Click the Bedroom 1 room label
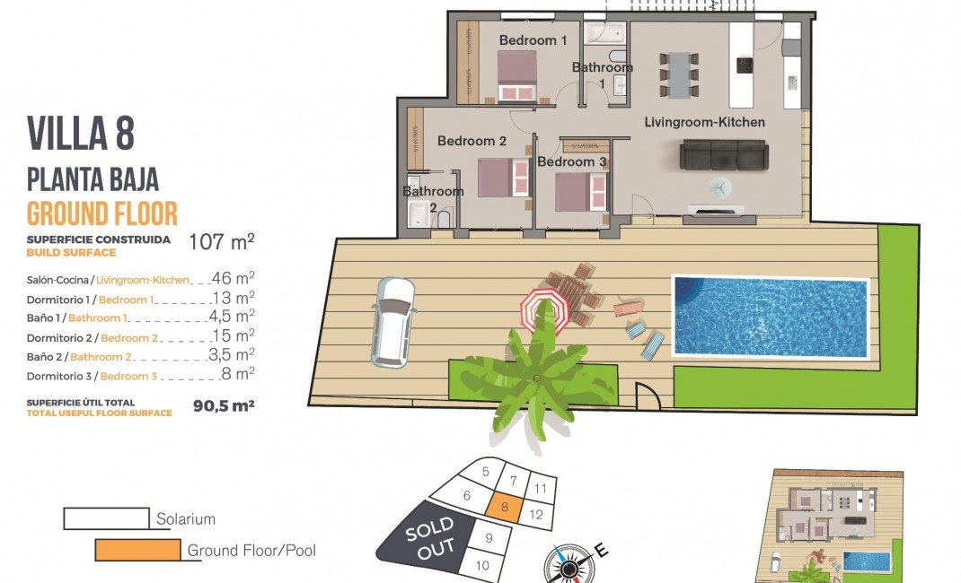tap(533, 40)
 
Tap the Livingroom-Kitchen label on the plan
tap(704, 122)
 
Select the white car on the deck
tap(392, 322)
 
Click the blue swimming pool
tap(771, 317)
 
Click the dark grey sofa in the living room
tap(723, 155)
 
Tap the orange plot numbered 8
tap(505, 507)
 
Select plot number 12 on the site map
tap(535, 515)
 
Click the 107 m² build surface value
tap(221, 241)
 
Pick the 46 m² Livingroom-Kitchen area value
tap(233, 278)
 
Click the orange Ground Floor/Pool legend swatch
tap(138, 549)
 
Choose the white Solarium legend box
tap(107, 518)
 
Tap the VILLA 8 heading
tap(80, 134)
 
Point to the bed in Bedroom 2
tap(503, 178)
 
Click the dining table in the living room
tap(679, 74)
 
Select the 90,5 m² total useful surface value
tap(224, 405)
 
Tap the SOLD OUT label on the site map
tap(431, 538)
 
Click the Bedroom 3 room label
tap(572, 162)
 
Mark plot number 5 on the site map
tap(485, 472)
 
